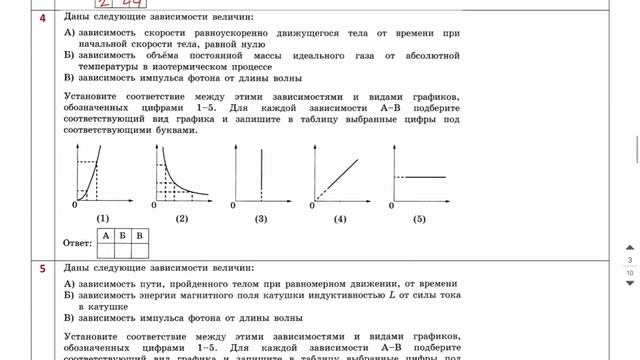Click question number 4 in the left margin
[14, 17]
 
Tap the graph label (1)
[103, 218]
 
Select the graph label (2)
[182, 218]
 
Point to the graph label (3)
[261, 218]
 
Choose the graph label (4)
[340, 218]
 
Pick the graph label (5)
[419, 218]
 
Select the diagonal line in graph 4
[340, 175]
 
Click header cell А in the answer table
[106, 235]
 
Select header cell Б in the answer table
[123, 235]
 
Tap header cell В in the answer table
[140, 235]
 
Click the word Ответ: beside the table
[77, 242]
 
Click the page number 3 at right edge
[629, 260]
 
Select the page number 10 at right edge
[629, 272]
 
